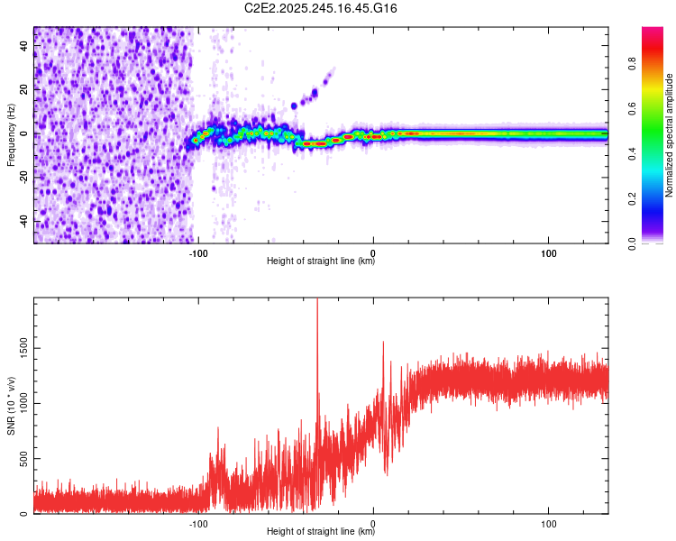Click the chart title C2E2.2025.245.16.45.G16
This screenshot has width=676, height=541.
321,8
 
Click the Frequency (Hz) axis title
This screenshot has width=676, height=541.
11,135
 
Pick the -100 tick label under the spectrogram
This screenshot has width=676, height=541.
199,253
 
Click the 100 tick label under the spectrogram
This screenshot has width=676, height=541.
549,253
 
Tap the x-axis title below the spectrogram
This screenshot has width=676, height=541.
321,261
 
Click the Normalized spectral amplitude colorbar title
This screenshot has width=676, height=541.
670,135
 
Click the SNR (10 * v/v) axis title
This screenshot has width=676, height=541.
11,406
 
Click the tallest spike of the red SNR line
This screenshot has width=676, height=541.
317,303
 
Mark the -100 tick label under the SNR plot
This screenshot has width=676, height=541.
199,524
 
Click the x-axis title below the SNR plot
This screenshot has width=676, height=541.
321,532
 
